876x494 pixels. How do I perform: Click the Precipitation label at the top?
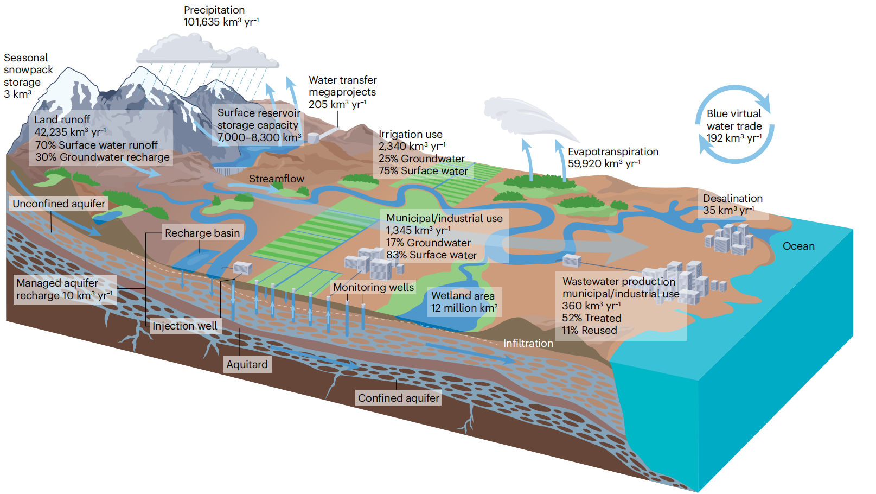pyautogui.click(x=214, y=10)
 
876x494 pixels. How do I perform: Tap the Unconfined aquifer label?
pyautogui.click(x=59, y=204)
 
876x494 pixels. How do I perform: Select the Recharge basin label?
pyautogui.click(x=202, y=233)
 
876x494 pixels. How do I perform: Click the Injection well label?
pyautogui.click(x=184, y=326)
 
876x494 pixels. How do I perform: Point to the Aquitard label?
pyautogui.click(x=247, y=364)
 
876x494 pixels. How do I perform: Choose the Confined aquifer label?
pyautogui.click(x=398, y=398)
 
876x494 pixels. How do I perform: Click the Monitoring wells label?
pyautogui.click(x=373, y=287)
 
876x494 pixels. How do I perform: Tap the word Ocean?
pyautogui.click(x=798, y=246)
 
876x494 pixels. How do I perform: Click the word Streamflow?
pyautogui.click(x=277, y=179)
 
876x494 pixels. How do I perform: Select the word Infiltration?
pyautogui.click(x=528, y=343)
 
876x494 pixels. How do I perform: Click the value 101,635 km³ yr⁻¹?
pyautogui.click(x=221, y=22)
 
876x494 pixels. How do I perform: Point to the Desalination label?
pyautogui.click(x=733, y=198)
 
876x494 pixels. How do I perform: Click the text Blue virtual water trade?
pyautogui.click(x=734, y=120)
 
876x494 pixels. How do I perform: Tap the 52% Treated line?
pyautogui.click(x=591, y=318)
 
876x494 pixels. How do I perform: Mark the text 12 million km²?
pyautogui.click(x=464, y=308)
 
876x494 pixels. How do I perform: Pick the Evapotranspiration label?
pyautogui.click(x=613, y=151)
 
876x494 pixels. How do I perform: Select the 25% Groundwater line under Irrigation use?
pyautogui.click(x=421, y=159)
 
